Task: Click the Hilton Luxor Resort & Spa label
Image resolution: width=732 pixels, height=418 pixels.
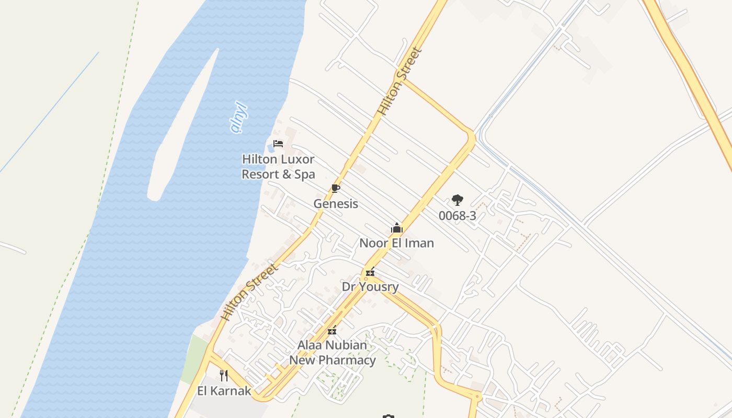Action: pyautogui.click(x=278, y=167)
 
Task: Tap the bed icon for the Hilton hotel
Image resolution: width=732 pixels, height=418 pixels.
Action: pyautogui.click(x=278, y=144)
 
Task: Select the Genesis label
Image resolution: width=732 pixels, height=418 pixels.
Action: pyautogui.click(x=336, y=204)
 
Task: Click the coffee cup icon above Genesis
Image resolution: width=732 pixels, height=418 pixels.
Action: pyautogui.click(x=336, y=189)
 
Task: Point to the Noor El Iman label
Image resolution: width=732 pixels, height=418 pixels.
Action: pyautogui.click(x=396, y=243)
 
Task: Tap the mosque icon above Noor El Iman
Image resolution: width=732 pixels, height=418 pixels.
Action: pyautogui.click(x=397, y=228)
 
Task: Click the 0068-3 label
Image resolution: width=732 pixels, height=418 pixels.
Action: pyautogui.click(x=458, y=216)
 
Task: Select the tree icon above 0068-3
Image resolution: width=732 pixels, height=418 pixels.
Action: pyautogui.click(x=458, y=200)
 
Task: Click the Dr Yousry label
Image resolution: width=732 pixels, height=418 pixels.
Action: pyautogui.click(x=370, y=287)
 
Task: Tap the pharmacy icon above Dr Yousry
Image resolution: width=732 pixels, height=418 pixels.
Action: pyautogui.click(x=370, y=272)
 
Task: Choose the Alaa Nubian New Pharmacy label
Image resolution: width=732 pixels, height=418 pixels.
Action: pyautogui.click(x=333, y=353)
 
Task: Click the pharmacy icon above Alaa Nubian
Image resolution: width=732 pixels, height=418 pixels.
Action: pyautogui.click(x=332, y=330)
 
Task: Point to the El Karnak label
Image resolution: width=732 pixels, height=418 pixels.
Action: pyautogui.click(x=224, y=391)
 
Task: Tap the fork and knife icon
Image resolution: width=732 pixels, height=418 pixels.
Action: pyautogui.click(x=224, y=375)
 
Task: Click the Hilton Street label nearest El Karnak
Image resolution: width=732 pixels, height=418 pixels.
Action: pyautogui.click(x=249, y=293)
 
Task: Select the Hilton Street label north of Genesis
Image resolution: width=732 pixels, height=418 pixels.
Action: pyautogui.click(x=400, y=82)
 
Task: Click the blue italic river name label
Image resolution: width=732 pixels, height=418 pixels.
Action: pyautogui.click(x=238, y=118)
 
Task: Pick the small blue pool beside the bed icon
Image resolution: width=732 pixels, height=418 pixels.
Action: pyautogui.click(x=271, y=149)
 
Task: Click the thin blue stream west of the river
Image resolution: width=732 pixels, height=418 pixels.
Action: pyautogui.click(x=50, y=112)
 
